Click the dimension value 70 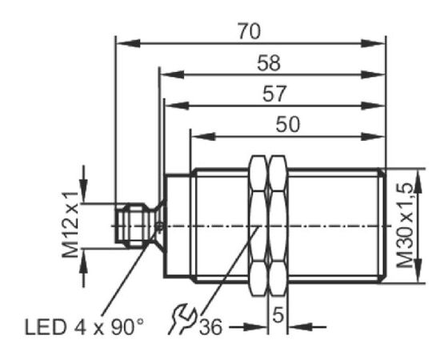[250, 31]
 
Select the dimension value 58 [269, 63]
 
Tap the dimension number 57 [274, 94]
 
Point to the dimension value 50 [288, 124]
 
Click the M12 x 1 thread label [70, 225]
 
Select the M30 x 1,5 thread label [405, 226]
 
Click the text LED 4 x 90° [84, 327]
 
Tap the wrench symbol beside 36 [182, 319]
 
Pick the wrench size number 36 [210, 327]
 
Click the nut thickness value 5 [278, 315]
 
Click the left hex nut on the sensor [258, 226]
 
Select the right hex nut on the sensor [278, 226]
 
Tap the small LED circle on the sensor [160, 226]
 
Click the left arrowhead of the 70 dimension [128, 43]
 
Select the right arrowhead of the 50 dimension [372, 136]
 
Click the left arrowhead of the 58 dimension [172, 74]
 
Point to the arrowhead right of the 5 [300, 327]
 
